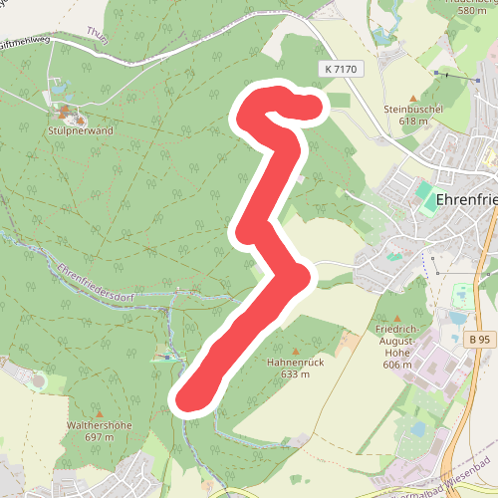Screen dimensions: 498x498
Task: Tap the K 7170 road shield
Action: [340, 69]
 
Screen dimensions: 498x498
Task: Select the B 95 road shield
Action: [480, 340]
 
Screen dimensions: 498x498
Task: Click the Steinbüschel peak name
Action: [412, 109]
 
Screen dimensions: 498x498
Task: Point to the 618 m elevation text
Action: [412, 121]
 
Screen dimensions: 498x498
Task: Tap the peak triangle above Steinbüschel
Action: [413, 97]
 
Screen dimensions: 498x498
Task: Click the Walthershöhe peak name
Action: [99, 425]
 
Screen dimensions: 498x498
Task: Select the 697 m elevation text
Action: [99, 437]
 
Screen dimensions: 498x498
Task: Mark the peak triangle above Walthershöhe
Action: [100, 413]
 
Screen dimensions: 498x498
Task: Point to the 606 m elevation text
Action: [397, 365]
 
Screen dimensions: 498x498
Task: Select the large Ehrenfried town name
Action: [466, 199]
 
